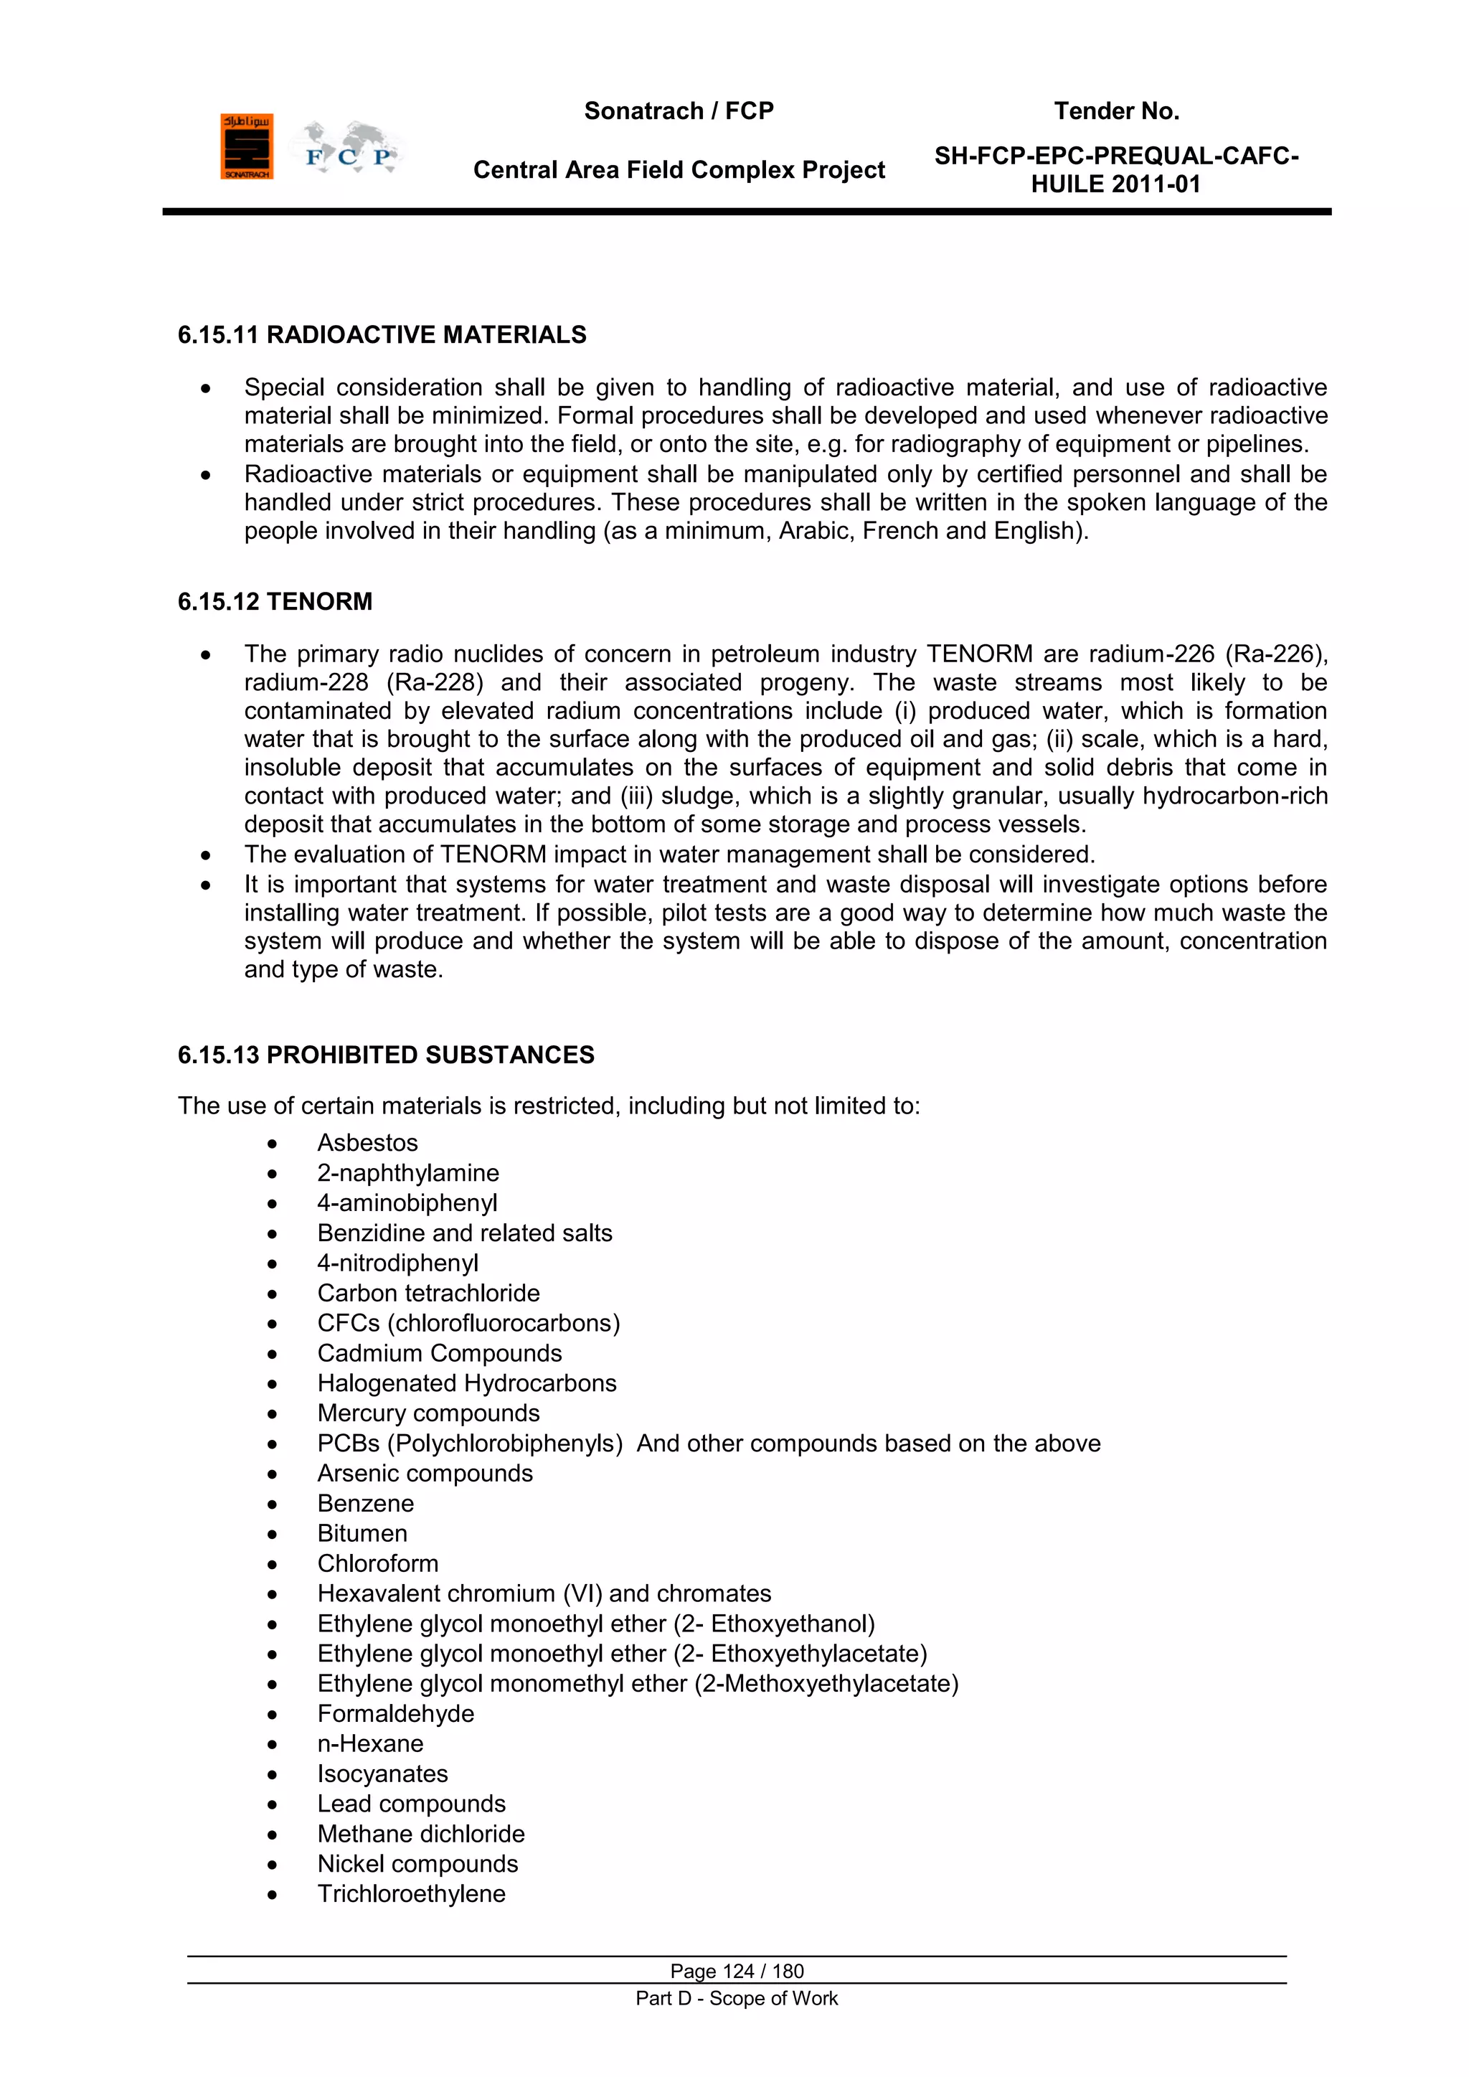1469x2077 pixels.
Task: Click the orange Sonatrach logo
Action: coord(246,146)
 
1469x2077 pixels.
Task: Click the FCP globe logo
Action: coord(349,149)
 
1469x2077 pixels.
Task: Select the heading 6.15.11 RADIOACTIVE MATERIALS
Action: coord(382,335)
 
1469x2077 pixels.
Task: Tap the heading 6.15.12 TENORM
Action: coord(275,601)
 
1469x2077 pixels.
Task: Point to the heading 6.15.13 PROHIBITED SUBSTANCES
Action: coord(386,1055)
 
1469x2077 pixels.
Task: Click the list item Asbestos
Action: coord(367,1143)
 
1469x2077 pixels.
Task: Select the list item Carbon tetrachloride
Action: coord(428,1293)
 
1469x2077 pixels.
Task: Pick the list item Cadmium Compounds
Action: coord(440,1352)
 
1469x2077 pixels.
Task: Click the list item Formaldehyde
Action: coord(395,1713)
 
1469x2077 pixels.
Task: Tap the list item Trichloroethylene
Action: coord(412,1893)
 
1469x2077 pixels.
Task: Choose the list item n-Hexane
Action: coord(370,1743)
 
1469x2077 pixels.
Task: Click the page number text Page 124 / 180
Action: coord(737,1971)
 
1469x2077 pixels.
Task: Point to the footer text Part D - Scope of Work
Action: coord(737,1998)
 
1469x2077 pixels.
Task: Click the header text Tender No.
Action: coord(1116,111)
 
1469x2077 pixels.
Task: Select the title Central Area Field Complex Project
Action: coord(679,170)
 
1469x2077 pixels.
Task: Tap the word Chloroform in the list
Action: coord(378,1563)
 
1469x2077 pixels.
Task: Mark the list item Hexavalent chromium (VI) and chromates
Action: coord(544,1593)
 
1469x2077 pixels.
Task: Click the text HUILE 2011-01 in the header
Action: coord(1115,184)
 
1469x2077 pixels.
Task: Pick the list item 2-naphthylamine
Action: coord(408,1172)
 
